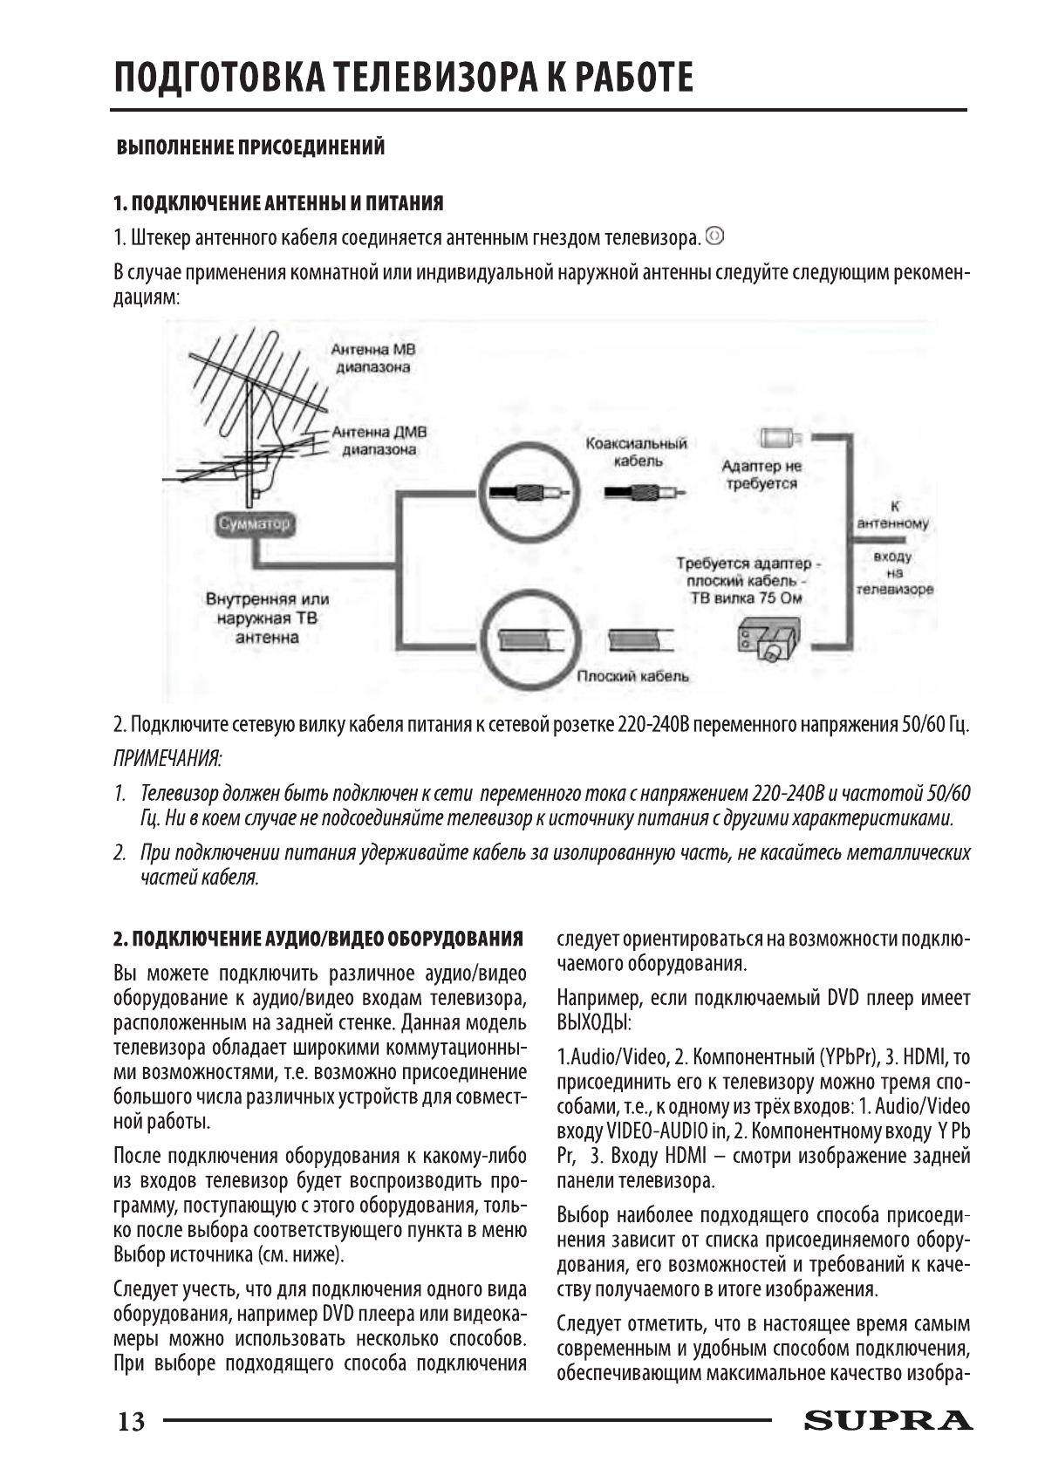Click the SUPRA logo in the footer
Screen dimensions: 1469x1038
coord(888,1421)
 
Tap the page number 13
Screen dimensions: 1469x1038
coord(132,1422)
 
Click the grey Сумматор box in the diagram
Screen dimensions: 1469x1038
coord(254,524)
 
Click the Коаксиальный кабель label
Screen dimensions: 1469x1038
coord(637,452)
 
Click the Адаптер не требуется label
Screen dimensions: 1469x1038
coord(761,475)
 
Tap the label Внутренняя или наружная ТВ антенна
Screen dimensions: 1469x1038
coord(267,618)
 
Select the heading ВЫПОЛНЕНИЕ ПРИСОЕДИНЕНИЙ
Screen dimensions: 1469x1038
coord(251,147)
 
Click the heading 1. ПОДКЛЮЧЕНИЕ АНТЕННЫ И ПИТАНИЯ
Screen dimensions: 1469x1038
coord(278,204)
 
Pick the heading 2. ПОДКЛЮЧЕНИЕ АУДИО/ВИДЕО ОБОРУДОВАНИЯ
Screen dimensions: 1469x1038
coord(318,939)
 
